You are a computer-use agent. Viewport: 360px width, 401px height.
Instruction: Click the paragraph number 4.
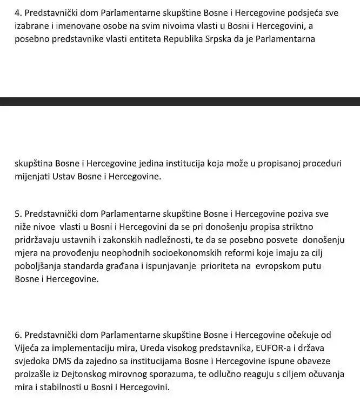(18, 12)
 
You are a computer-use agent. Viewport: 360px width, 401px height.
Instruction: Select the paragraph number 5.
(18, 213)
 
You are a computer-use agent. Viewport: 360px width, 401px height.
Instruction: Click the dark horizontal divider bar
(180, 101)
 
